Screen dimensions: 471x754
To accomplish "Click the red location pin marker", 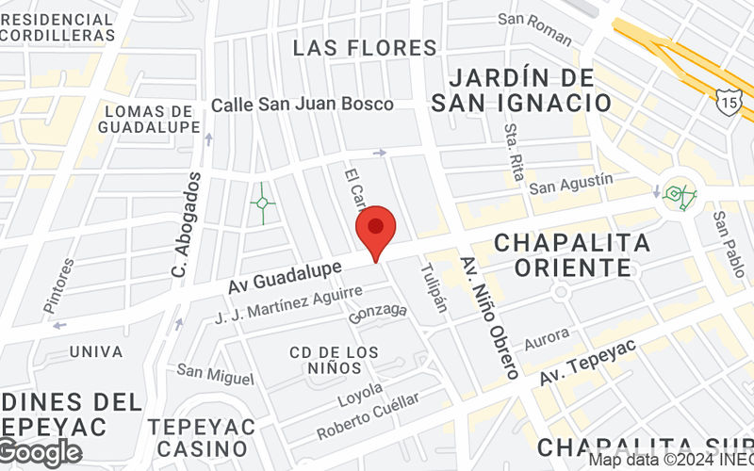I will (376, 229).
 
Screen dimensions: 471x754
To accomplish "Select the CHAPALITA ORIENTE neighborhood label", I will (572, 254).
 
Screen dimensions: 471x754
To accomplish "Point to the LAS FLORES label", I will (365, 47).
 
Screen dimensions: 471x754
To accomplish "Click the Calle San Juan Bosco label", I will (303, 105).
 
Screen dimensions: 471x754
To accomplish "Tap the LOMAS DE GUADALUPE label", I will (152, 119).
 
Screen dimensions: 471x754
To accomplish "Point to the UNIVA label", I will (96, 351).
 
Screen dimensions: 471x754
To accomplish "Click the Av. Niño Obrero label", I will (489, 317).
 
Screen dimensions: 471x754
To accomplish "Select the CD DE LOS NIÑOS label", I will (334, 360).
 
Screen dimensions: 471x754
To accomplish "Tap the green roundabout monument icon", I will (680, 195).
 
